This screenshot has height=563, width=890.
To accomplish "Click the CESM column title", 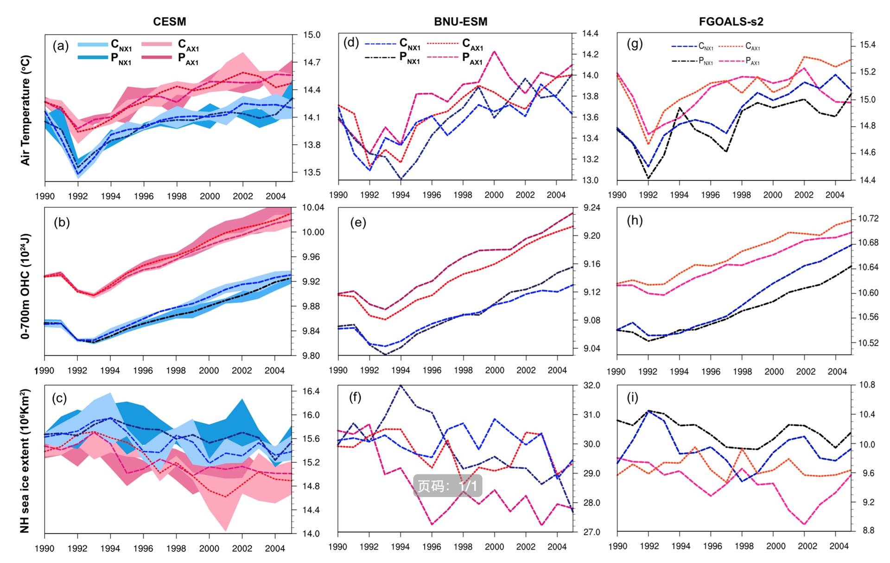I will (170, 22).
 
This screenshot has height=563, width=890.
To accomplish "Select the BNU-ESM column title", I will (460, 22).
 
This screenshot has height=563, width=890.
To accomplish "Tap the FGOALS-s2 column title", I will (731, 22).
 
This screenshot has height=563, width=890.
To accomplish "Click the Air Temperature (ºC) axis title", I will (25, 110).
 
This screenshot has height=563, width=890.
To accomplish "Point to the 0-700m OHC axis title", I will (25, 286).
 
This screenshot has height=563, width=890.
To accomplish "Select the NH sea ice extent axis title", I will (25, 461).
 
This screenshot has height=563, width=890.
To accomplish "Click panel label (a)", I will (61, 46).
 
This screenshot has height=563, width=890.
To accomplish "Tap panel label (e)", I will (358, 223).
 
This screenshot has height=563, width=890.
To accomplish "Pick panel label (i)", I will (632, 397).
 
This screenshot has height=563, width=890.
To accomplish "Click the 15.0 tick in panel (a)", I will (311, 35).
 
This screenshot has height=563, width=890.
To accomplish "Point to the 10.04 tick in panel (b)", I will (313, 208).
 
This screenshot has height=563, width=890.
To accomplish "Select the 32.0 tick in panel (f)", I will (591, 386).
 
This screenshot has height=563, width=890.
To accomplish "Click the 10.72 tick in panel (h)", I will (868, 219).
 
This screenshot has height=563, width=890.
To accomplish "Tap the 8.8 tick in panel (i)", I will (868, 531).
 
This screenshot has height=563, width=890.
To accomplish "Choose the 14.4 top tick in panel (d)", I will (590, 33).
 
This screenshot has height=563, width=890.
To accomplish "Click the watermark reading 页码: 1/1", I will (447, 486).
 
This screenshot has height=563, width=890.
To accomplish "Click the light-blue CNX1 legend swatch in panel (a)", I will (92, 45).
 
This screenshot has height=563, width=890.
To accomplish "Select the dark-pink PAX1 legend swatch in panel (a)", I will (157, 58).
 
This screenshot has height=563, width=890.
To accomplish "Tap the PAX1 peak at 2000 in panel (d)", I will (494, 51).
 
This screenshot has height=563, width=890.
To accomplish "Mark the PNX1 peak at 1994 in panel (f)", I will (400, 385).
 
